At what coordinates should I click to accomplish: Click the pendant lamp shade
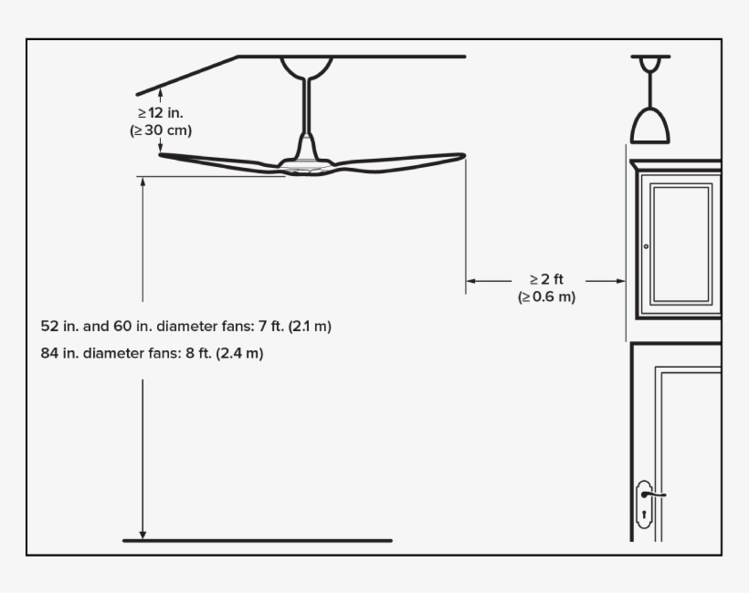pos(649,126)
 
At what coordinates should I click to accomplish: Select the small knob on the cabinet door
pos(646,246)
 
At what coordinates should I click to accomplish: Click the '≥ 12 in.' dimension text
pos(161,113)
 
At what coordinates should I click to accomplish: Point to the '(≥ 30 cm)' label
pos(161,130)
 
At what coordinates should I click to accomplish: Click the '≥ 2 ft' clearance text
pos(546,280)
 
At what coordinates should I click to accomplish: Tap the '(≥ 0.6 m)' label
pos(546,297)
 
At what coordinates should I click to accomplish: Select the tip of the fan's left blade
pos(163,155)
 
